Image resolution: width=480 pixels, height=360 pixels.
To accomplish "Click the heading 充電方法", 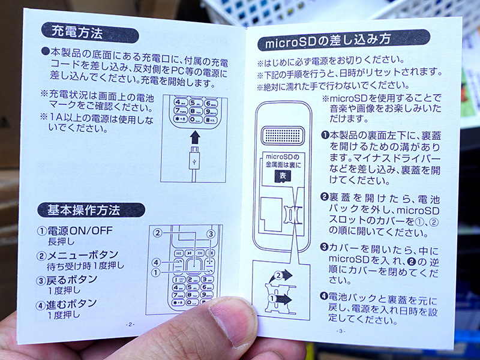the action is click(77, 32).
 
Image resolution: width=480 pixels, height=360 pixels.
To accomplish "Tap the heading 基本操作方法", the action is click(83, 211).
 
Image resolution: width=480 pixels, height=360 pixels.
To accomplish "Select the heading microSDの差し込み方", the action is click(328, 41).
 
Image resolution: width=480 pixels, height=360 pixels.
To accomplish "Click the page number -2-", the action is click(130, 324).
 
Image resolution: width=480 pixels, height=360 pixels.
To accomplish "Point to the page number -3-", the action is click(340, 331).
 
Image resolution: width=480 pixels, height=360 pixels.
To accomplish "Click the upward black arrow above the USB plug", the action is click(194, 137).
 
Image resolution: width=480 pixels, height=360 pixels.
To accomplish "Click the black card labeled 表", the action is click(283, 176).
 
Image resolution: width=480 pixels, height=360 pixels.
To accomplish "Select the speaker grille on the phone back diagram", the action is click(283, 136).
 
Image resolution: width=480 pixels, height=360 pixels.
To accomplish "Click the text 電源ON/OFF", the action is click(80, 230).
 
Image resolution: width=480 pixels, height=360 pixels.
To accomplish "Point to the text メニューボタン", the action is click(83, 254).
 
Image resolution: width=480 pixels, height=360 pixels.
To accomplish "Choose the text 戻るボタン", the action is click(71, 280).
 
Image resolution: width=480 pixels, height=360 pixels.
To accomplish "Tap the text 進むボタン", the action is click(71, 304).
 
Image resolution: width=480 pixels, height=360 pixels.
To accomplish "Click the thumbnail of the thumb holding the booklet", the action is click(232, 322).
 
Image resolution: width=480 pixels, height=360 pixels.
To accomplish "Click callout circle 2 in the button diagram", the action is click(158, 233).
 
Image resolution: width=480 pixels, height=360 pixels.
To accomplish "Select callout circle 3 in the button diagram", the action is click(211, 234).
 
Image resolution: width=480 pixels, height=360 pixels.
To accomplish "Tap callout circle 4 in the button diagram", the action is click(156, 262).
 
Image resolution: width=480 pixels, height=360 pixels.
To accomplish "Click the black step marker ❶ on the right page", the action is click(325, 135).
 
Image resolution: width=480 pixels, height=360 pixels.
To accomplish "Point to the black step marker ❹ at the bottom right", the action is click(324, 296).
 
